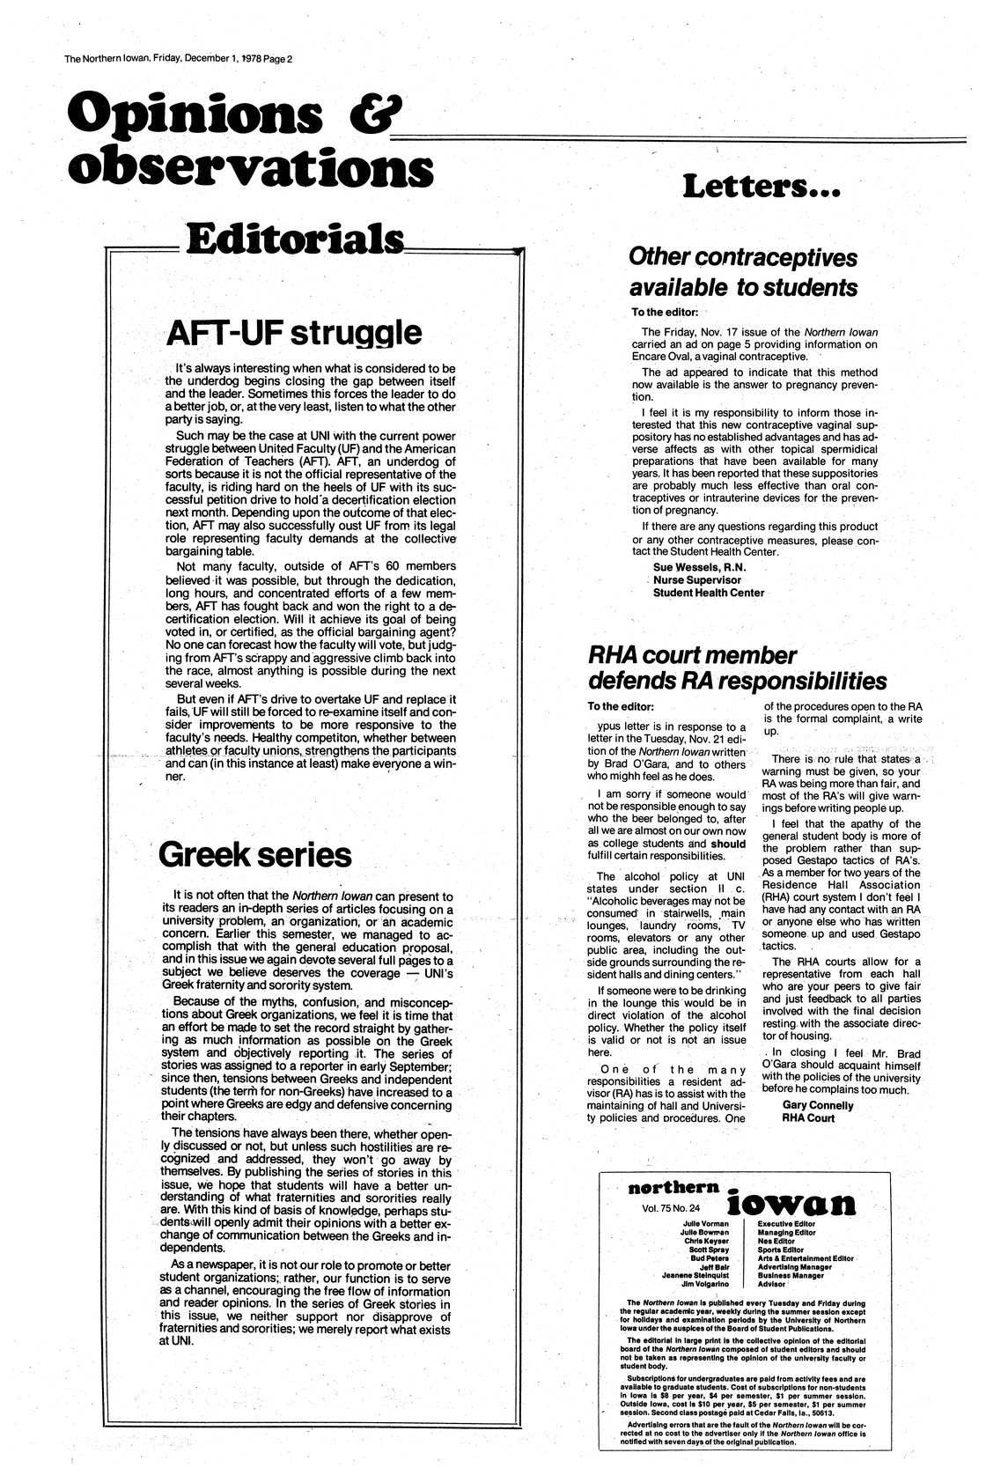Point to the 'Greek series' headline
click(256, 853)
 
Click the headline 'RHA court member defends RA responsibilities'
click(736, 668)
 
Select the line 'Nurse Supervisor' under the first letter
click(696, 580)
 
